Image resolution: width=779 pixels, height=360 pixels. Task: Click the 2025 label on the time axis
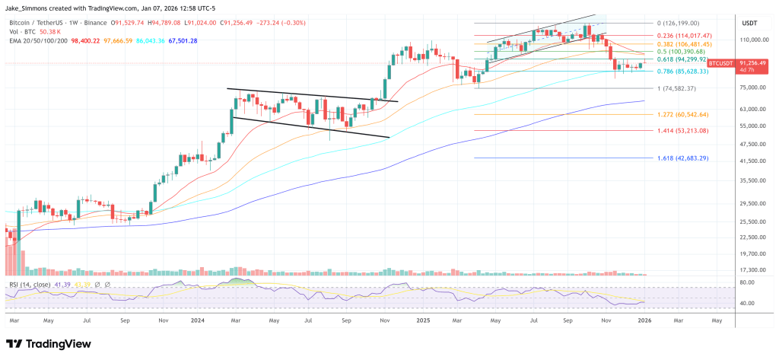point(424,321)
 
